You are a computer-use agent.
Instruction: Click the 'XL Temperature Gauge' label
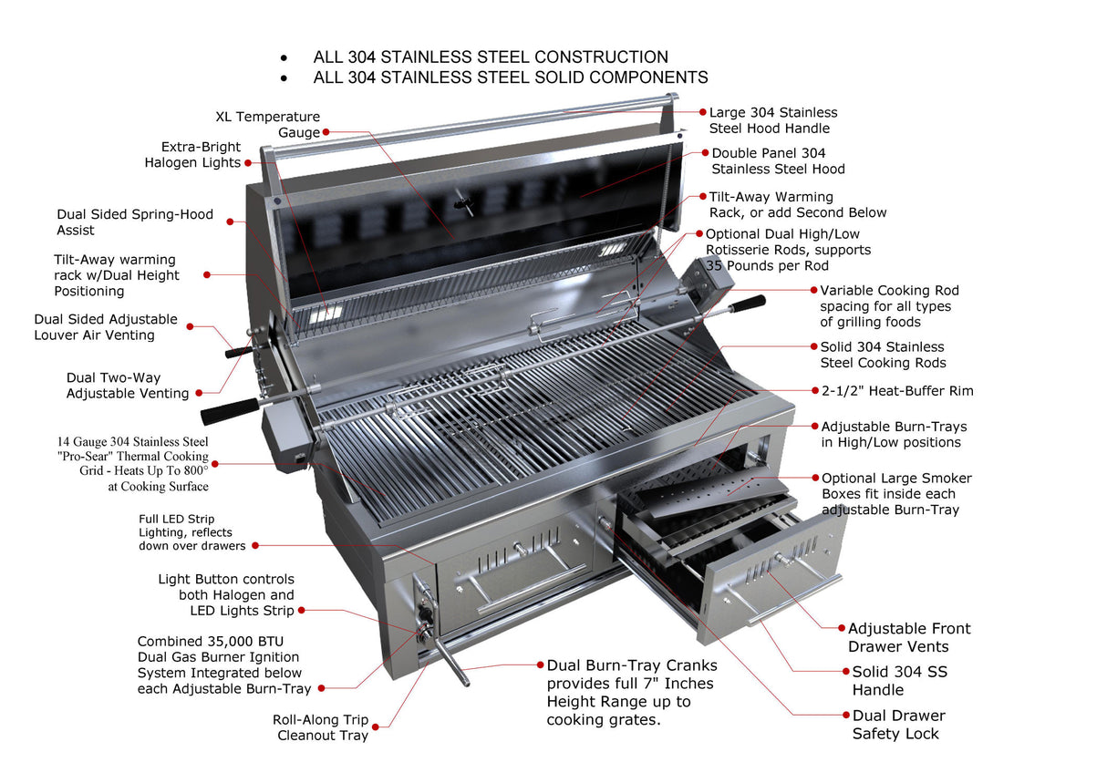tap(267, 124)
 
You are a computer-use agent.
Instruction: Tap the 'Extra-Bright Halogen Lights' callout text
tap(192, 154)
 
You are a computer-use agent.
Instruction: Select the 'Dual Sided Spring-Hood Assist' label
tap(135, 222)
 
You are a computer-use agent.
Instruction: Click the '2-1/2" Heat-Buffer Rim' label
tap(896, 391)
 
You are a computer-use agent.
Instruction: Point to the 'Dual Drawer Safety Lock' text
tap(898, 725)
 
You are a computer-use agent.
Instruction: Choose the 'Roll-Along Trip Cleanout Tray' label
tap(320, 727)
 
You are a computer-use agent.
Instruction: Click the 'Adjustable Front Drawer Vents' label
tap(908, 637)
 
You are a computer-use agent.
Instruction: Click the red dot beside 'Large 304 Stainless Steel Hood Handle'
tap(703, 112)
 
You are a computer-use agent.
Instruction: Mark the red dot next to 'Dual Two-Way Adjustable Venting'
tap(197, 394)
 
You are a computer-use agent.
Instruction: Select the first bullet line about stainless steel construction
tap(490, 57)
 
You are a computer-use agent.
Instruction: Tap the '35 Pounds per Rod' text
tap(767, 265)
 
